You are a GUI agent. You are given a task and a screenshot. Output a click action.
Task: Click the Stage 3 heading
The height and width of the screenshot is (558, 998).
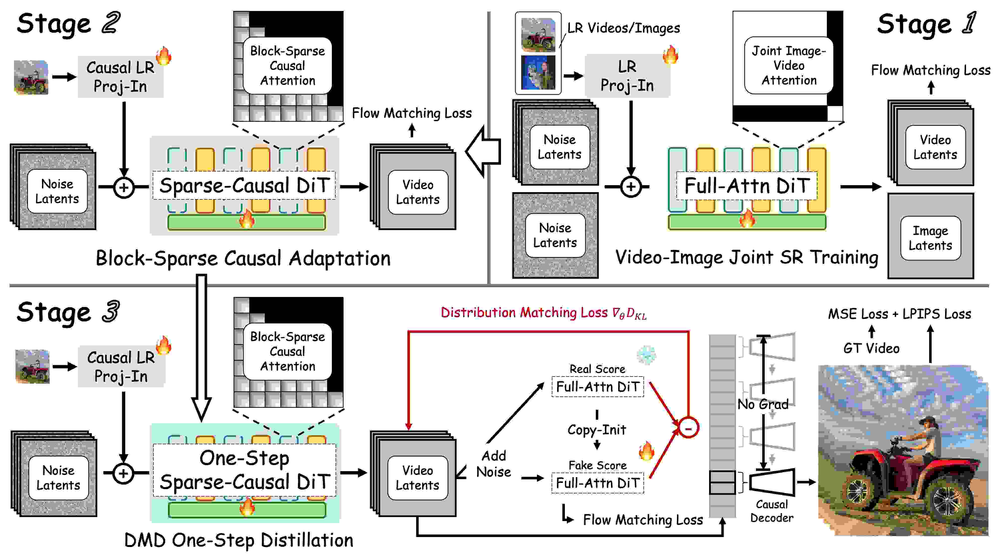[68, 312]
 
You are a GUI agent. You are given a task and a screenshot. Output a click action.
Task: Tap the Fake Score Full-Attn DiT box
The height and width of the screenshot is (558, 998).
[597, 483]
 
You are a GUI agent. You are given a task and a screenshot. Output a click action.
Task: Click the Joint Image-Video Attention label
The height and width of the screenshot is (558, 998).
[789, 65]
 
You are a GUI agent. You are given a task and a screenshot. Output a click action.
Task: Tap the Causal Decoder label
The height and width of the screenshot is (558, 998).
[771, 511]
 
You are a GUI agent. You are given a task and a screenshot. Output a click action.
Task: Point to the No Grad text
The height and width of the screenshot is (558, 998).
[762, 404]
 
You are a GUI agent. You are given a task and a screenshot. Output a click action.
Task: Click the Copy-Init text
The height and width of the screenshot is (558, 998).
[597, 429]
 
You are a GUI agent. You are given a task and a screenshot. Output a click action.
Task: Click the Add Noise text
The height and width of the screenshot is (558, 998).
[493, 463]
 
